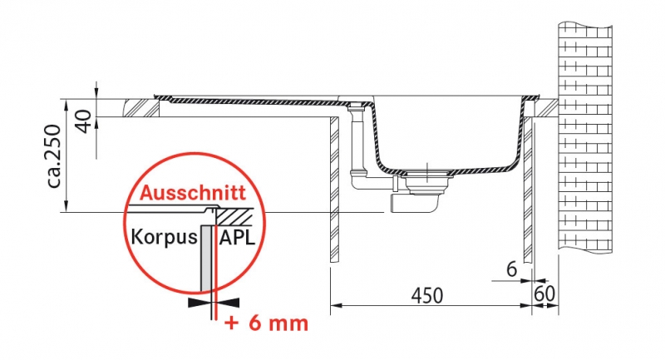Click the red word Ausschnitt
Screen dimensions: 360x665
point(191,195)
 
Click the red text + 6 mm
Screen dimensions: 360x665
point(267,322)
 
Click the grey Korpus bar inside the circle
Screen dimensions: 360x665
point(205,266)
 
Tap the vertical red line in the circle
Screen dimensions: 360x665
point(216,274)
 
